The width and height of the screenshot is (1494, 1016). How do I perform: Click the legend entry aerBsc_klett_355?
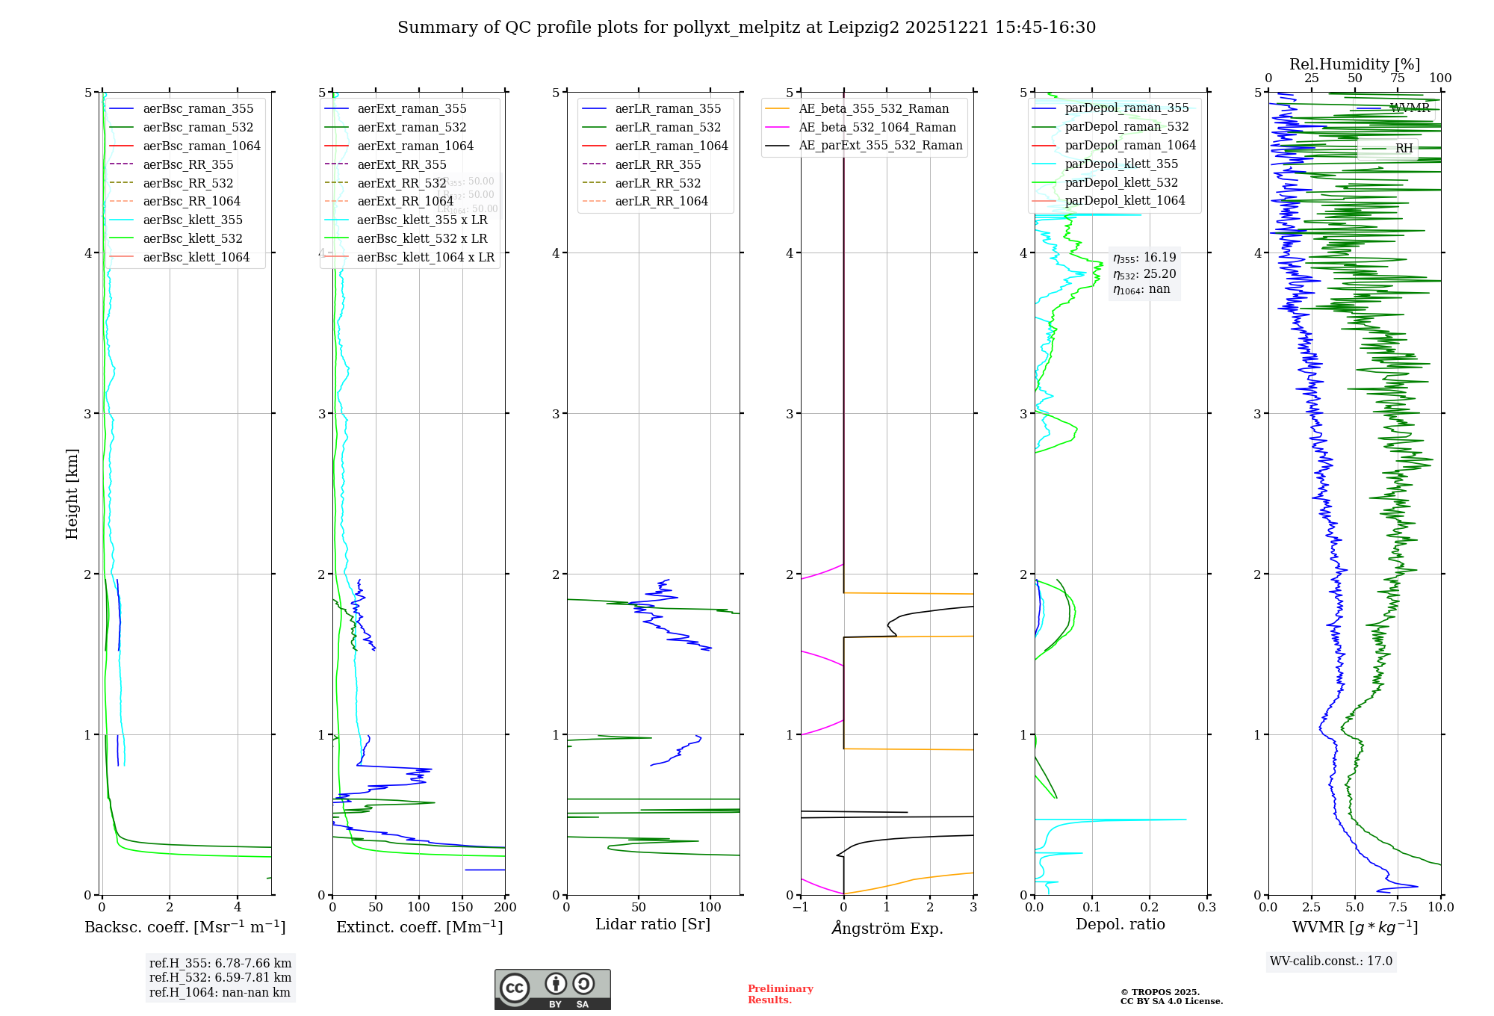point(193,220)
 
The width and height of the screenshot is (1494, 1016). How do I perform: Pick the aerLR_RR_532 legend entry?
point(657,183)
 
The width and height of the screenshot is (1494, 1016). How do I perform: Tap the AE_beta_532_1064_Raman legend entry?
point(877,127)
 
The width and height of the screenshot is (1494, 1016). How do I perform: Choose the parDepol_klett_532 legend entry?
point(1121,182)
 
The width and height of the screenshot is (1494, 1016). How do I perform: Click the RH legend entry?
point(1404,149)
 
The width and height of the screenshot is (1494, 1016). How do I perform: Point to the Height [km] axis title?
point(72,494)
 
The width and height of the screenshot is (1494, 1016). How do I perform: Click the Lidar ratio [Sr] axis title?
point(653,924)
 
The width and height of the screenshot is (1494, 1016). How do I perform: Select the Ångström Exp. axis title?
point(887,928)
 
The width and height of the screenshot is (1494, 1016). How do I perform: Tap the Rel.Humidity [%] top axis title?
point(1354,64)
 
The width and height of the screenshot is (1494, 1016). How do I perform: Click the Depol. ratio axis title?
point(1120,924)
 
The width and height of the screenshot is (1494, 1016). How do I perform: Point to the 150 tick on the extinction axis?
point(462,907)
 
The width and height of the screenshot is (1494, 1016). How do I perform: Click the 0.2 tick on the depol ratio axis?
point(1150,907)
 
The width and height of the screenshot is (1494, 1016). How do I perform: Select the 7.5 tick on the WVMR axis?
point(1398,907)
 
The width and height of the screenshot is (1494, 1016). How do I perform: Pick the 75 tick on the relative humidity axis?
point(1398,78)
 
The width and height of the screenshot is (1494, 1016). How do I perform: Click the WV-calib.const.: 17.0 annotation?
point(1331,961)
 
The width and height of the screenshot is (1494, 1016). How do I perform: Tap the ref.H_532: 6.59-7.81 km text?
point(220,977)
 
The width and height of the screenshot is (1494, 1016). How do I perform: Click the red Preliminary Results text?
point(780,994)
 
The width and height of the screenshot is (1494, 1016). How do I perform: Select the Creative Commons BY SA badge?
point(552,989)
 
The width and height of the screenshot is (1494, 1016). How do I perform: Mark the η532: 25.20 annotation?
point(1144,273)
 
